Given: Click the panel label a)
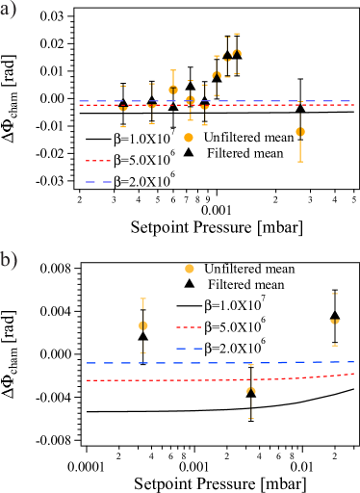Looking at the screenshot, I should coord(8,11).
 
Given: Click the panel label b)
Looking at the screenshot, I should coord(8,260).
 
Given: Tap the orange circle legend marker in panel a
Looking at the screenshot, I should coord(189,138).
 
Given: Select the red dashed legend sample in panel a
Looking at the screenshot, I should coord(98,161).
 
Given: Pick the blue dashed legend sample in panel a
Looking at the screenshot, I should coord(98,181).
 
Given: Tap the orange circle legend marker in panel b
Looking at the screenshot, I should coord(190,269).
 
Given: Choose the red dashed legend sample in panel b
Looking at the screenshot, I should coord(189,327).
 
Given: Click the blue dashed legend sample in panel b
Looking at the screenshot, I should coord(189,349).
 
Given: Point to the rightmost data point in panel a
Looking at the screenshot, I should coord(300,131).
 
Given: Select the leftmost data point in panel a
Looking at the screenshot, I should coord(123,107).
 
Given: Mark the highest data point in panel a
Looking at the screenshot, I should coord(236,53).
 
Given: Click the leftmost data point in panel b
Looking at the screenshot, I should coord(143,325).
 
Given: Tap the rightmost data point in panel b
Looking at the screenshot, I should coord(335,321).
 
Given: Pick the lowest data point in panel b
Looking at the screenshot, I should coord(251,390).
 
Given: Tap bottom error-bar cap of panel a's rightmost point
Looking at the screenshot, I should coord(300,162).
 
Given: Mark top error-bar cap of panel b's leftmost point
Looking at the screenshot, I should coord(143,298).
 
